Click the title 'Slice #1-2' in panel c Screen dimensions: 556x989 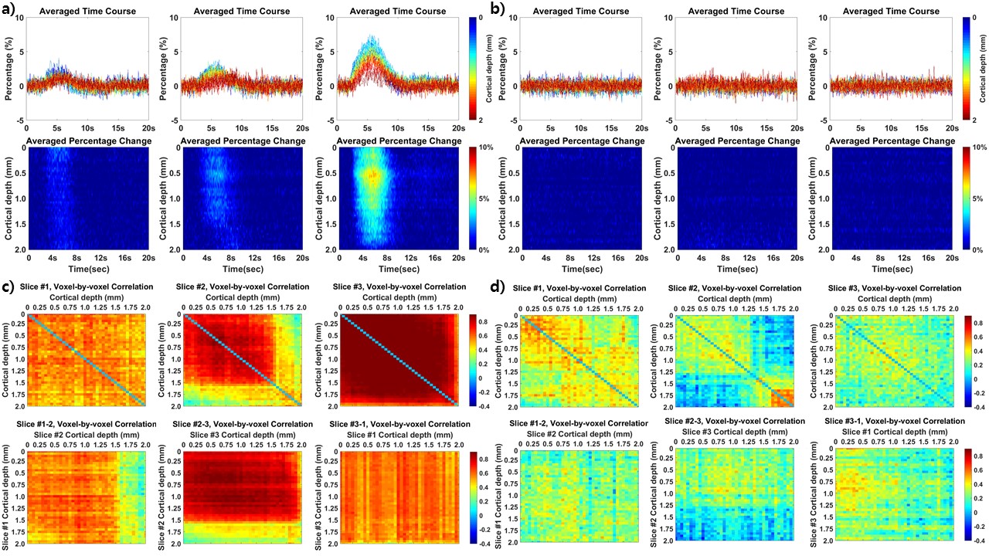click(82, 424)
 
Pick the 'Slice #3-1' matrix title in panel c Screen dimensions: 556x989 click(398, 424)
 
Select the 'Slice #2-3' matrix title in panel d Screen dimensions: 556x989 click(733, 420)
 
